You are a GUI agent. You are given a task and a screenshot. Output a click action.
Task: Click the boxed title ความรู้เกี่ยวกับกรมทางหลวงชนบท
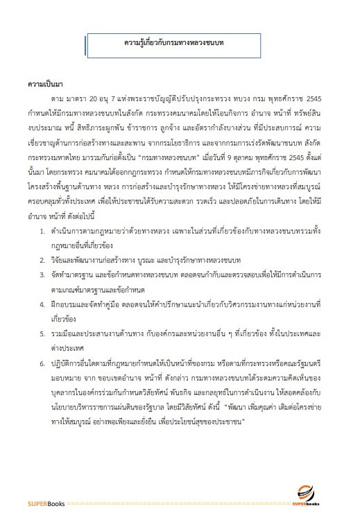pyautogui.click(x=180, y=44)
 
